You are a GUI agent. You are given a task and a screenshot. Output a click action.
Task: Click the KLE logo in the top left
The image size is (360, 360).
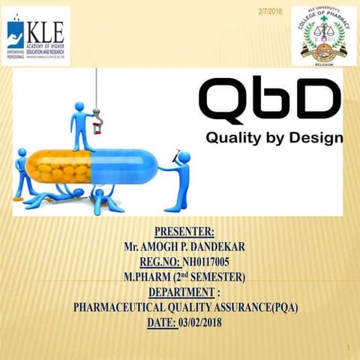pos(37,35)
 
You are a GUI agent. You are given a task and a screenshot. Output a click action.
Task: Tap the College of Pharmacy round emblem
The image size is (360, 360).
pos(323,35)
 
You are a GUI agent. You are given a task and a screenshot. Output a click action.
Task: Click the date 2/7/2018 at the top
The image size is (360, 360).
pos(269,10)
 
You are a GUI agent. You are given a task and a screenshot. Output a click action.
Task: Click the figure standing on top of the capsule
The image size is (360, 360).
pos(81,124)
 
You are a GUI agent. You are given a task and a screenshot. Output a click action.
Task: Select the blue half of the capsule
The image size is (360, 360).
pos(124,166)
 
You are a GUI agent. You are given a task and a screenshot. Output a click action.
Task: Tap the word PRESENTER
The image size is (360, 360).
pos(179,230)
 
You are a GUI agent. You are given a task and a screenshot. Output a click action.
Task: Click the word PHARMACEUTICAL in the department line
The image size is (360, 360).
pos(119,307)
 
